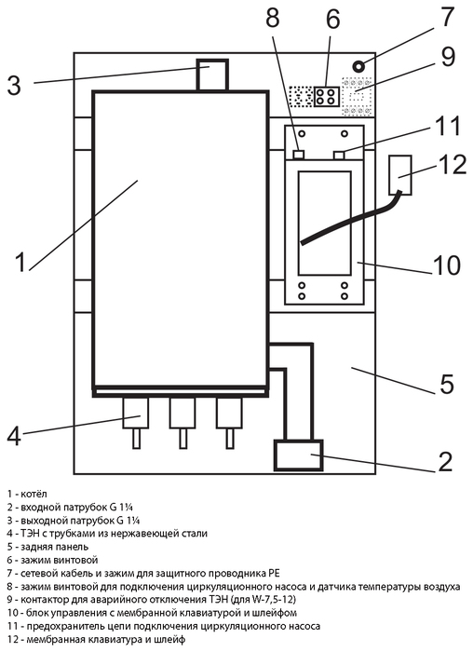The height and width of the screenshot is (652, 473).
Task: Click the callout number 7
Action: click(x=447, y=17)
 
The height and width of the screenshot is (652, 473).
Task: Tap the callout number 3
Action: click(x=14, y=86)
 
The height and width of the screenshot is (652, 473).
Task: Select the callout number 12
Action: click(x=452, y=164)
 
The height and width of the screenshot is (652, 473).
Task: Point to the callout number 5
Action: click(x=446, y=384)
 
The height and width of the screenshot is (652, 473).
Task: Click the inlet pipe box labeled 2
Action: click(x=299, y=455)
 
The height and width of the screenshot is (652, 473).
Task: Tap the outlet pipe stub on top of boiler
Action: click(x=212, y=75)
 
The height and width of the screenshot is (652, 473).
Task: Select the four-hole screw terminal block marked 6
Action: click(x=326, y=97)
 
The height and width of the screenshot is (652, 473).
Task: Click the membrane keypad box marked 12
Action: click(x=400, y=175)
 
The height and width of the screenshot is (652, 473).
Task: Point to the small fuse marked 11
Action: click(x=340, y=156)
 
